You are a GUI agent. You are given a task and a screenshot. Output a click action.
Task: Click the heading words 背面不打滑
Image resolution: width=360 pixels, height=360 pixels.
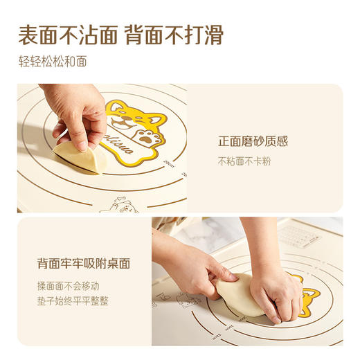[x=174, y=35]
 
